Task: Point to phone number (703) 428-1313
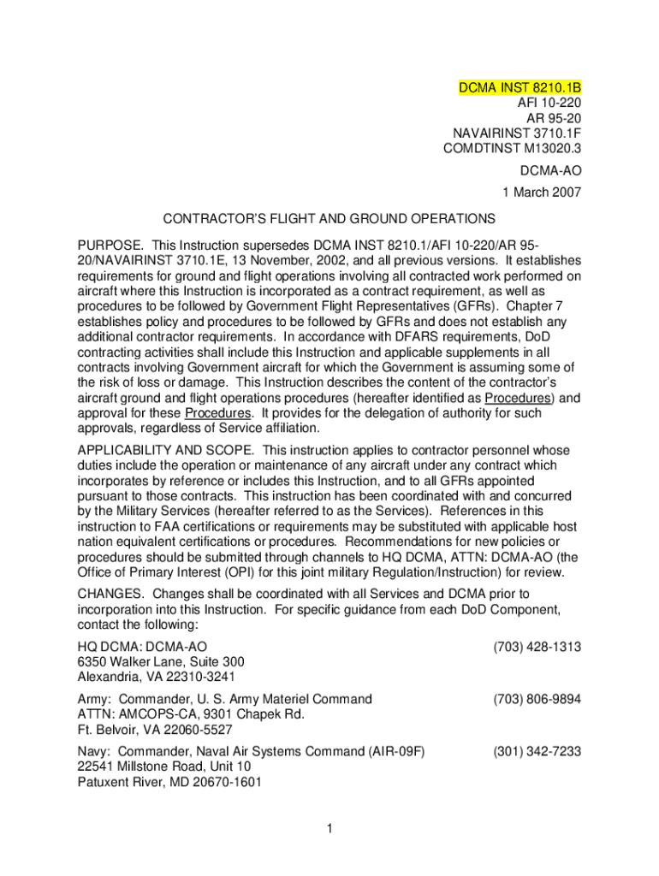537,647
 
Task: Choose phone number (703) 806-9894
537,699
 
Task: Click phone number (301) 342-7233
537,751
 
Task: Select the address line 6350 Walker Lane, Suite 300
161,662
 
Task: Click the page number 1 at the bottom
329,828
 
